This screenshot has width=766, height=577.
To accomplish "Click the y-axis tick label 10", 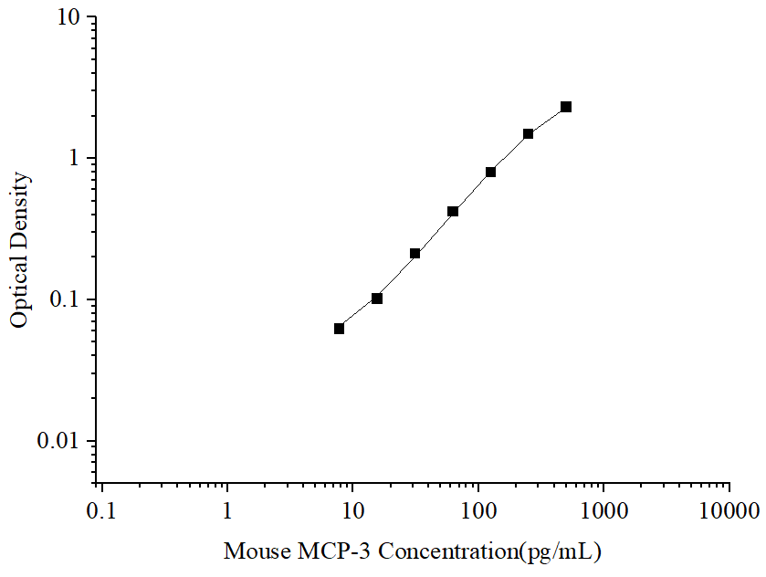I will click(x=65, y=18).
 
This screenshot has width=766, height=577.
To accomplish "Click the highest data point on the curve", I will click(x=566, y=107).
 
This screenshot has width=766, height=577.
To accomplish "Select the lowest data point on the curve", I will click(x=339, y=329).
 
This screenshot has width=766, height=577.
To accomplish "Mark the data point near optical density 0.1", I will click(x=377, y=299).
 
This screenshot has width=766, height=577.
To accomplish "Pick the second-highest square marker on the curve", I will click(x=528, y=134).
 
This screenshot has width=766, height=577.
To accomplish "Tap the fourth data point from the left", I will click(x=453, y=212).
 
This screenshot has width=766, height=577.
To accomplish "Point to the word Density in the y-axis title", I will click(x=20, y=205).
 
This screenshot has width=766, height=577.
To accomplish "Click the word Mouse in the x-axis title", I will click(x=254, y=551).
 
